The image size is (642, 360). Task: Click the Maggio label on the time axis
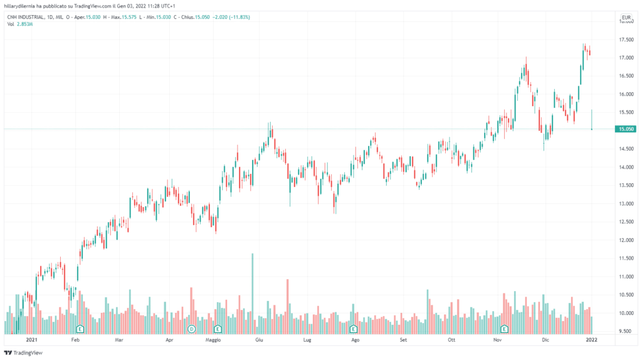coord(214,340)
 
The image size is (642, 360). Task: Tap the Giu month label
coord(258,340)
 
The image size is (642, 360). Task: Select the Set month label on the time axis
coord(404,340)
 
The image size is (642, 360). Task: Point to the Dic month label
coord(546,340)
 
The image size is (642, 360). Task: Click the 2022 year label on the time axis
coord(591,340)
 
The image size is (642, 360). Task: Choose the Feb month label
coord(75,340)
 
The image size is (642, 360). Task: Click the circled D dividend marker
coord(192,329)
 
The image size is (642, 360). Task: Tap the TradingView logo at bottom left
coord(23,352)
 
